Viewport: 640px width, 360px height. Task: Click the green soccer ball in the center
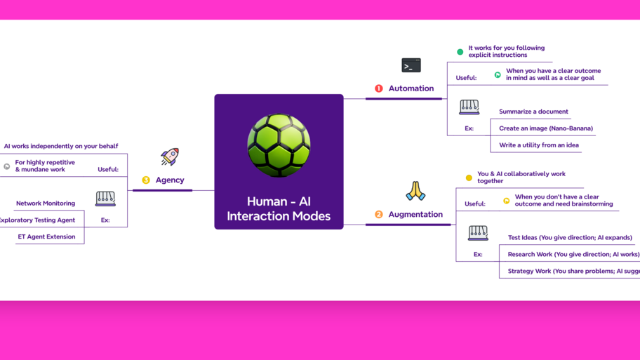pyautogui.click(x=279, y=145)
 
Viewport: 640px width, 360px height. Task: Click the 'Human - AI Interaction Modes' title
pyautogui.click(x=279, y=208)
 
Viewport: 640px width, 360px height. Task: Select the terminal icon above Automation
pyautogui.click(x=411, y=65)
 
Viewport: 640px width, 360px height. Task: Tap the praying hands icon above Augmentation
pyautogui.click(x=415, y=191)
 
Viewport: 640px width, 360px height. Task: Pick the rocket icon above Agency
pyautogui.click(x=170, y=156)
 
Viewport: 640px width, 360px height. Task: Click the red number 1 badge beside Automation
pyautogui.click(x=379, y=88)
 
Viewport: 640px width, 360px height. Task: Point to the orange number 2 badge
pyautogui.click(x=379, y=215)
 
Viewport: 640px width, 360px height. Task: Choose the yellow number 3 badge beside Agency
pyautogui.click(x=146, y=180)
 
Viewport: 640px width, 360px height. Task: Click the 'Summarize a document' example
pyautogui.click(x=533, y=112)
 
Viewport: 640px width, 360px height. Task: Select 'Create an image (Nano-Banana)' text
pyautogui.click(x=545, y=128)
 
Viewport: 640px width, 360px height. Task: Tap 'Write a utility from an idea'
pyautogui.click(x=538, y=145)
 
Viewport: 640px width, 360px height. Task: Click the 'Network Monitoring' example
pyautogui.click(x=46, y=204)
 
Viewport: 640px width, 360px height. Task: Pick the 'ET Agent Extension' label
pyautogui.click(x=46, y=236)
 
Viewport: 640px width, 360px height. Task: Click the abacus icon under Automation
pyautogui.click(x=469, y=107)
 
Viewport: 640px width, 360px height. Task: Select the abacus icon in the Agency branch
pyautogui.click(x=105, y=199)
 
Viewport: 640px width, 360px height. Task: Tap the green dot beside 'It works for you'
pyautogui.click(x=460, y=52)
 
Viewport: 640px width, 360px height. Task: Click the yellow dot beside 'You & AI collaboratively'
pyautogui.click(x=469, y=178)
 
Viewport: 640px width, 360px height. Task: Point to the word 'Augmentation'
pyautogui.click(x=415, y=215)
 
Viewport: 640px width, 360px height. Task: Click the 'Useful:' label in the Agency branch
pyautogui.click(x=108, y=169)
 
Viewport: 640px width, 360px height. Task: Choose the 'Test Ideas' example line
pyautogui.click(x=569, y=238)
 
